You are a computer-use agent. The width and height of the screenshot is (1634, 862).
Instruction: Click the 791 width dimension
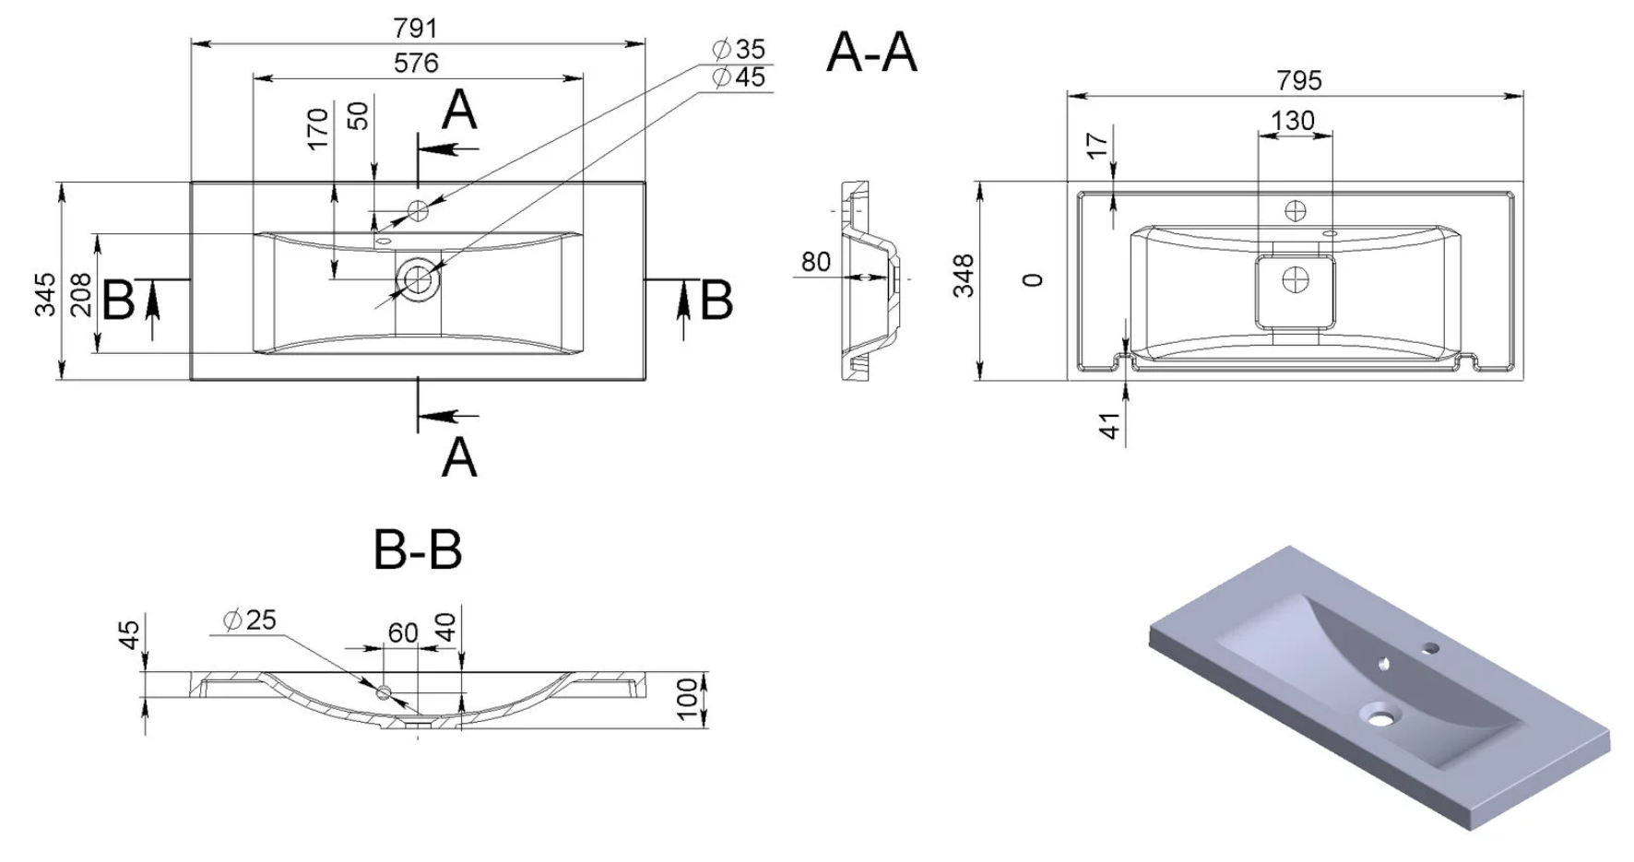pyautogui.click(x=415, y=29)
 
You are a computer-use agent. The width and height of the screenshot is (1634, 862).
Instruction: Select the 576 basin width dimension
pyautogui.click(x=416, y=63)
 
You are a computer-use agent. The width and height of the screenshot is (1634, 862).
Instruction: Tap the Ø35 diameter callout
pyautogui.click(x=739, y=49)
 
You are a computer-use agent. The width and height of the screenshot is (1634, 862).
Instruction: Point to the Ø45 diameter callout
pyautogui.click(x=739, y=77)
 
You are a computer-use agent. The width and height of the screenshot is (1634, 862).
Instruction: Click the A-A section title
pyautogui.click(x=871, y=52)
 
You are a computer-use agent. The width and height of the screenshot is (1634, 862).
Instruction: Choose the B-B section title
pyautogui.click(x=418, y=549)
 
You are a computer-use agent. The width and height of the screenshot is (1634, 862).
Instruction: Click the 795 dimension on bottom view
pyautogui.click(x=1299, y=80)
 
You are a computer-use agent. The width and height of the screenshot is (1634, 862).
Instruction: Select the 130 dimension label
pyautogui.click(x=1293, y=121)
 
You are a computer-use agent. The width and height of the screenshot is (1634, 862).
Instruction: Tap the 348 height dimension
pyautogui.click(x=964, y=276)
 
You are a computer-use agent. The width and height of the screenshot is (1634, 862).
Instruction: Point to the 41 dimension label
pyautogui.click(x=1110, y=425)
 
